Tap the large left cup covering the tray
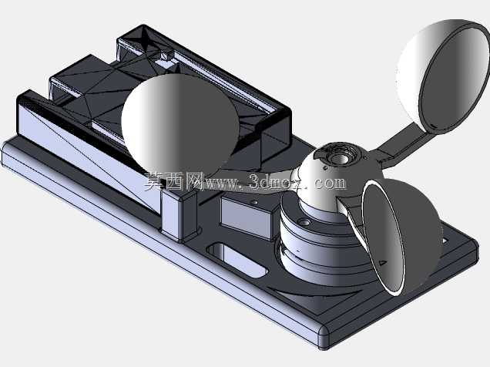179,123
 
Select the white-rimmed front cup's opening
384,238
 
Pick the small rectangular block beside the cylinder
247,217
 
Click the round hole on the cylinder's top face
304,223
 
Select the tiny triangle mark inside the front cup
382,263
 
